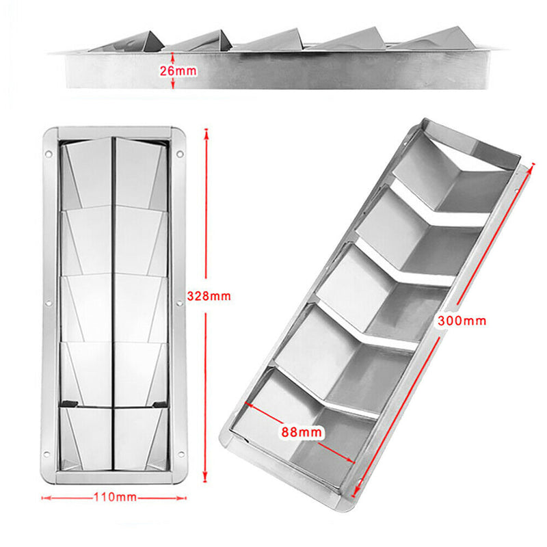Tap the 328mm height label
[x=209, y=296]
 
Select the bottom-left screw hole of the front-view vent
[x=48, y=451]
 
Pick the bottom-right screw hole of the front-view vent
[x=180, y=451]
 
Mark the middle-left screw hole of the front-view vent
[x=48, y=302]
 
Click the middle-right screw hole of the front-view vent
[x=180, y=302]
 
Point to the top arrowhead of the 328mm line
[x=206, y=132]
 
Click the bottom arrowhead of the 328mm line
[x=206, y=481]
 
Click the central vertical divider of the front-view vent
[x=112, y=301]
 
